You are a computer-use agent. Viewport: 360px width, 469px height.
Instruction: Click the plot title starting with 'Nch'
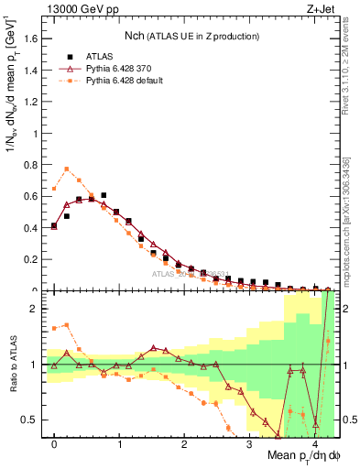pos(192,36)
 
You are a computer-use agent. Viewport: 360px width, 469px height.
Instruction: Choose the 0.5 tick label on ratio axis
pos(32,420)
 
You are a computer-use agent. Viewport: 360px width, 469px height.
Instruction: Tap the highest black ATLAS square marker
pos(104,195)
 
